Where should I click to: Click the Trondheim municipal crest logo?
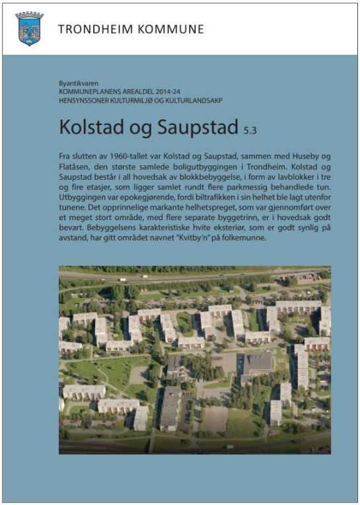tap(29, 28)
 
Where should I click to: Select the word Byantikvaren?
tap(77, 83)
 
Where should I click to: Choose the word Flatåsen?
tap(77, 165)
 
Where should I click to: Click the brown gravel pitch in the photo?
tap(214, 419)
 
